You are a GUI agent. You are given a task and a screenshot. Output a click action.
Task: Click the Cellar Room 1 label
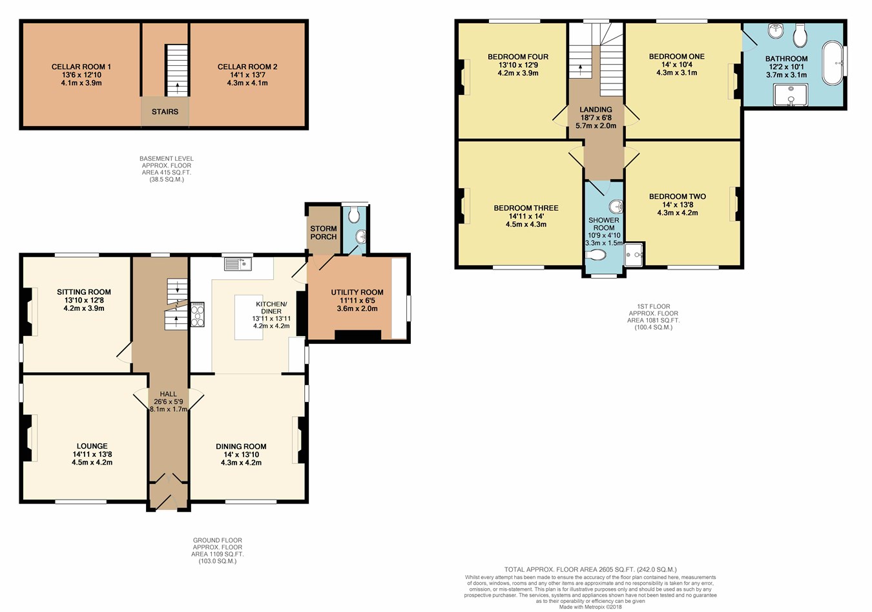(81, 67)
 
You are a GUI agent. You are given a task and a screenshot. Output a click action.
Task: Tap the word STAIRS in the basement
(165, 112)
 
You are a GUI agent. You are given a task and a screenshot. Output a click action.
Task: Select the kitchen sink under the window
(238, 264)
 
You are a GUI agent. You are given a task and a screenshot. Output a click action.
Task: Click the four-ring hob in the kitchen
(198, 315)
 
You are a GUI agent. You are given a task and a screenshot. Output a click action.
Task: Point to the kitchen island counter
(249, 317)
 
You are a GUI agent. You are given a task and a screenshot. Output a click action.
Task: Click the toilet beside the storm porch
(354, 215)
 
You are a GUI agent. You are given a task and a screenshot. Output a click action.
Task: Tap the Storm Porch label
(324, 233)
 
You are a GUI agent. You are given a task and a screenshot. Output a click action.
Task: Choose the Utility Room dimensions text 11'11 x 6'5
(357, 301)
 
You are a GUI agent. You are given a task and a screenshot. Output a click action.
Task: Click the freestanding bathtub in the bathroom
(833, 63)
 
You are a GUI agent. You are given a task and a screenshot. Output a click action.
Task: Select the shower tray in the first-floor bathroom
(791, 94)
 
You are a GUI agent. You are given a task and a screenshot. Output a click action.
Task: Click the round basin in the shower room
(616, 207)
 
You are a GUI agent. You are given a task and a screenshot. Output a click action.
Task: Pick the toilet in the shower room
(596, 255)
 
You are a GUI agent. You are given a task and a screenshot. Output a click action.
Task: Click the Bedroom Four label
(518, 57)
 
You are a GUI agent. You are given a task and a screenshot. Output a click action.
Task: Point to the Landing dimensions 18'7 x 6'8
(596, 118)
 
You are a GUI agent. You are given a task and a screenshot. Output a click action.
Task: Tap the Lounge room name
(92, 446)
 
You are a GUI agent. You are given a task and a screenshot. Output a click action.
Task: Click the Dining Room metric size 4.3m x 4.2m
(241, 463)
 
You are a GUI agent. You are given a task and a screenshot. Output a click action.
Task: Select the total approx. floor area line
(590, 569)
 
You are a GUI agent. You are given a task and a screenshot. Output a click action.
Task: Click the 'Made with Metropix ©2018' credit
(590, 607)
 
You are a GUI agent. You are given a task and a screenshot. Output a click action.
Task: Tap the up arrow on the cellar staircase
(178, 88)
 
